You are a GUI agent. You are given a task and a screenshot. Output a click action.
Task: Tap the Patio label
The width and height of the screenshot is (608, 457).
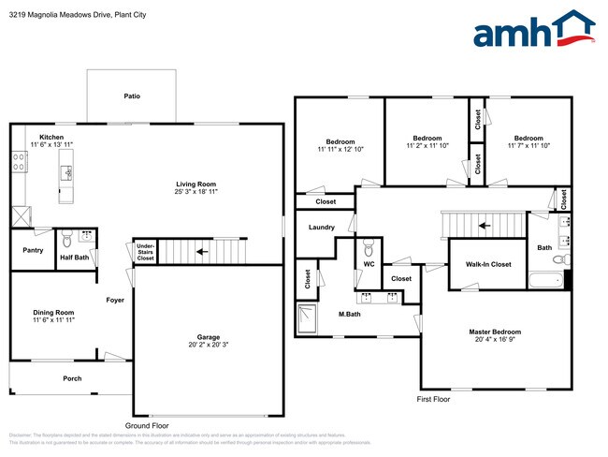tap(133, 96)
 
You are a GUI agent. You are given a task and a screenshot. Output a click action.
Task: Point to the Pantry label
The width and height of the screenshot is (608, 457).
tap(32, 251)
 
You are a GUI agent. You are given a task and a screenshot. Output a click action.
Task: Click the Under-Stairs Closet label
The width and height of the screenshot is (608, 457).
tap(145, 251)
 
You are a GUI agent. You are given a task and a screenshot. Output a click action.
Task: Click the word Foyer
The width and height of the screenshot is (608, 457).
tap(115, 301)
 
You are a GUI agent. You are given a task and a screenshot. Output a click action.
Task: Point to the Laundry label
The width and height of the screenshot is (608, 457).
tap(321, 227)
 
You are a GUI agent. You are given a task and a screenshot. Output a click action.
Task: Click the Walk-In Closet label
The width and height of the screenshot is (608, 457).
tap(488, 265)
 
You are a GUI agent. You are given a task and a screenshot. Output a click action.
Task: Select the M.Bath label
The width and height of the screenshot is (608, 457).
tap(351, 314)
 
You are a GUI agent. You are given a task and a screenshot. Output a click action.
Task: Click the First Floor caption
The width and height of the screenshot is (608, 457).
tap(433, 399)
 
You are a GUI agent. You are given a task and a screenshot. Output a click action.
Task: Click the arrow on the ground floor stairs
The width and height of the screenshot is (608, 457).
tap(202, 251)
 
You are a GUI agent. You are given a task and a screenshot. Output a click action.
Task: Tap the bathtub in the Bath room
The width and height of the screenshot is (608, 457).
tap(545, 280)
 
